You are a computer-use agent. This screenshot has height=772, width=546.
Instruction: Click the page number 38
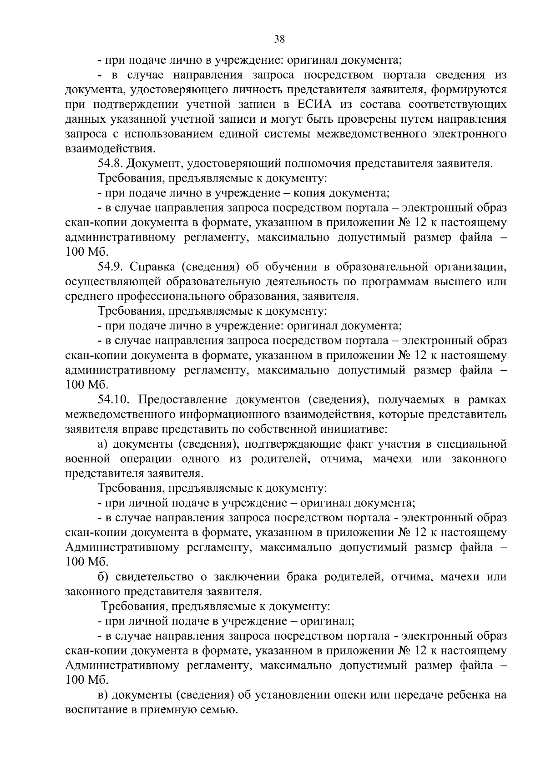279,39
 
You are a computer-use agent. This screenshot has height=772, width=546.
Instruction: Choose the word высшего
450,282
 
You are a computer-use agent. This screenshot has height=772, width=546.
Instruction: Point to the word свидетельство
154,577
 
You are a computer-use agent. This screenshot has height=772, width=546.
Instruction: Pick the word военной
86,459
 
